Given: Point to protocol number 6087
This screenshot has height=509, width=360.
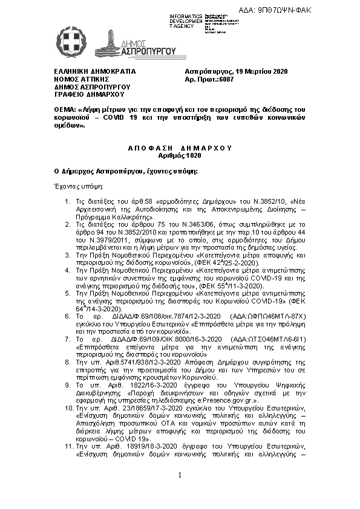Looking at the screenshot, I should pos(225,79).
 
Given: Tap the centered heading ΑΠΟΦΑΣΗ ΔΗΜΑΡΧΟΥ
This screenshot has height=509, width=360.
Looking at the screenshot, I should pos(180,148).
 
